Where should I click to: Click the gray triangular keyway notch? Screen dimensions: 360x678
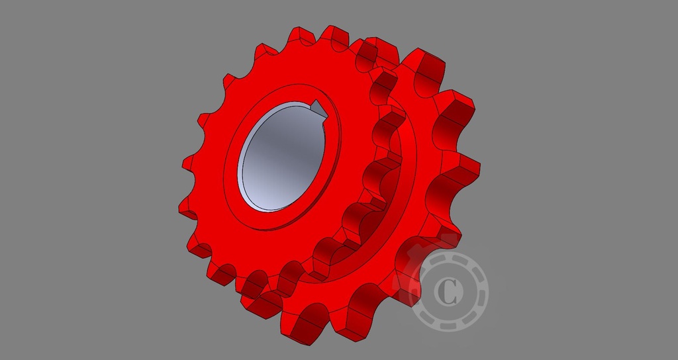pos(316,108)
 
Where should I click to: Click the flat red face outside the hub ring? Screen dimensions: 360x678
pos(218,218)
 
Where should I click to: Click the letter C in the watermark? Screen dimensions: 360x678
pos(448,292)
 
